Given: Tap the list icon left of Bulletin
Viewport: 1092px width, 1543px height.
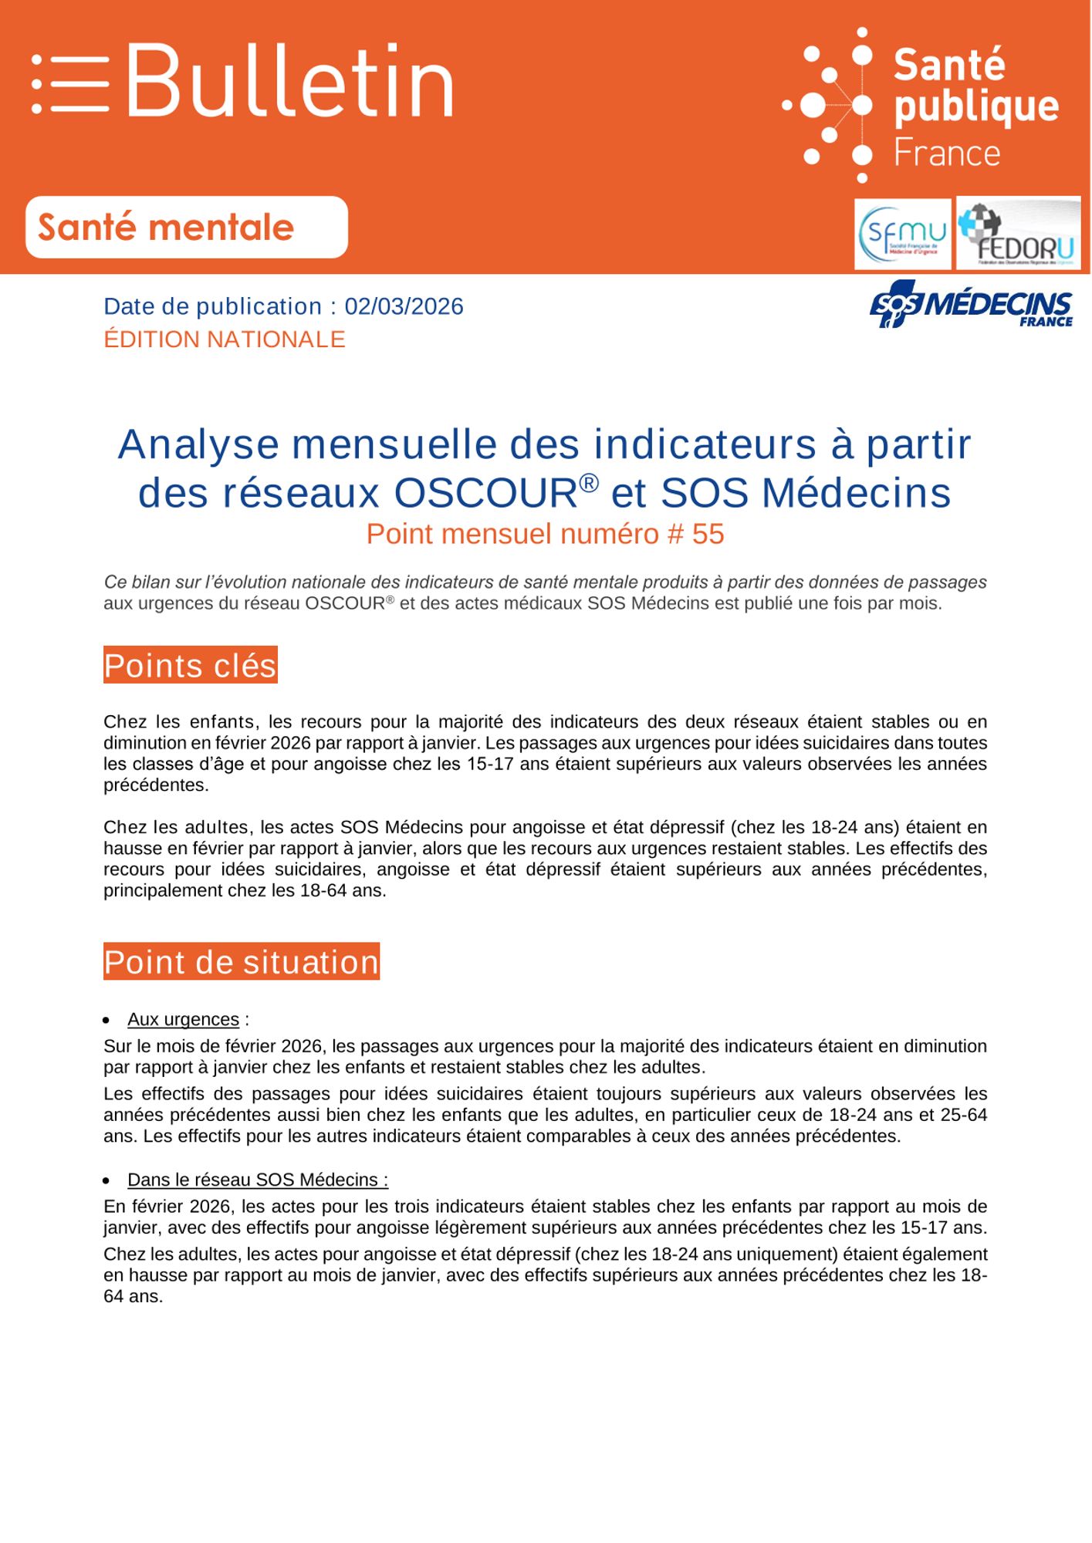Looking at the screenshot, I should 70,84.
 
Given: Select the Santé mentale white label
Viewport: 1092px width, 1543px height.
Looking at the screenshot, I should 186,228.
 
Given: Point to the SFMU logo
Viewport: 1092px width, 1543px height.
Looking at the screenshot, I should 902,234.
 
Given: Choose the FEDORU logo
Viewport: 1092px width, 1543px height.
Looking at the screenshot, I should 1018,234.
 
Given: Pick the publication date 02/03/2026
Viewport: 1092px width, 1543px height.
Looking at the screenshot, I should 404,306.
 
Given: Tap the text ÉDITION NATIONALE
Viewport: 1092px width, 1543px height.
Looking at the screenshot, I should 225,339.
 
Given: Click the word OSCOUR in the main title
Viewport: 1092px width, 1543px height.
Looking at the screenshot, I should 485,494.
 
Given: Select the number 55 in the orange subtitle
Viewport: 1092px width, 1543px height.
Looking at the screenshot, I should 708,534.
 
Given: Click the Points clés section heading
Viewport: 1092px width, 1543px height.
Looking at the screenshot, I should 190,666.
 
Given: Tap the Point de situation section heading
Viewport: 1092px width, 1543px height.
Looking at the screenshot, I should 242,962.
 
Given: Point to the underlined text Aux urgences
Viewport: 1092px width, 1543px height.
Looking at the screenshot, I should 183,1019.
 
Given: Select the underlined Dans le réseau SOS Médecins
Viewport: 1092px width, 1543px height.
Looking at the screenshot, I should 258,1180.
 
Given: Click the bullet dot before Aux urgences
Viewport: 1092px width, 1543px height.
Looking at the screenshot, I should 107,1020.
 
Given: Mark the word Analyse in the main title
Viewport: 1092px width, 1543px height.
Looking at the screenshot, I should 198,445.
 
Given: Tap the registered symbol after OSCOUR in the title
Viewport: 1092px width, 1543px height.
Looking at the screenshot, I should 589,482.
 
